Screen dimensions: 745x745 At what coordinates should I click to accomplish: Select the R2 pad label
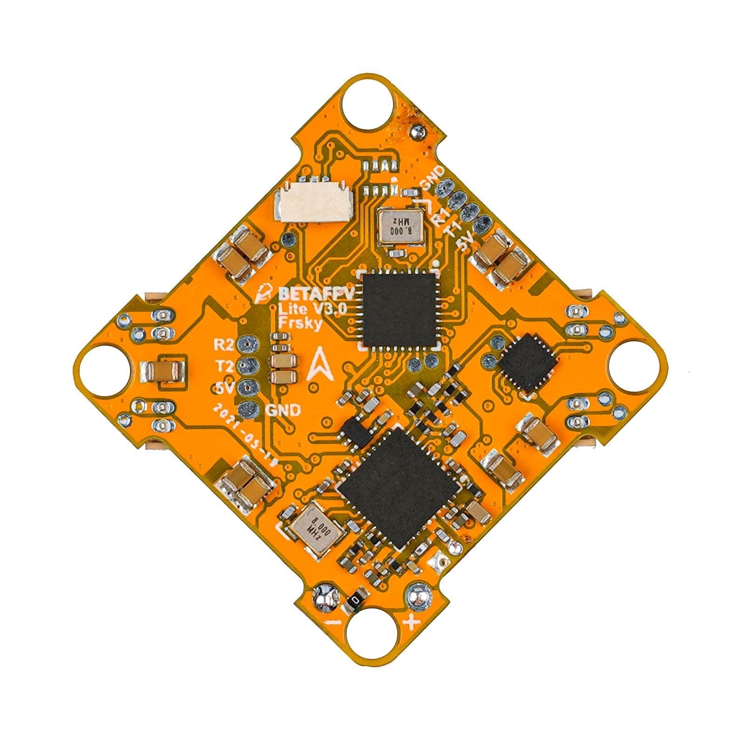point(223,345)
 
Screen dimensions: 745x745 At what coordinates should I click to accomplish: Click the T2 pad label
point(223,366)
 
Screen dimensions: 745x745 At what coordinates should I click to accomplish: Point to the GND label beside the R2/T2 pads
point(282,410)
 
